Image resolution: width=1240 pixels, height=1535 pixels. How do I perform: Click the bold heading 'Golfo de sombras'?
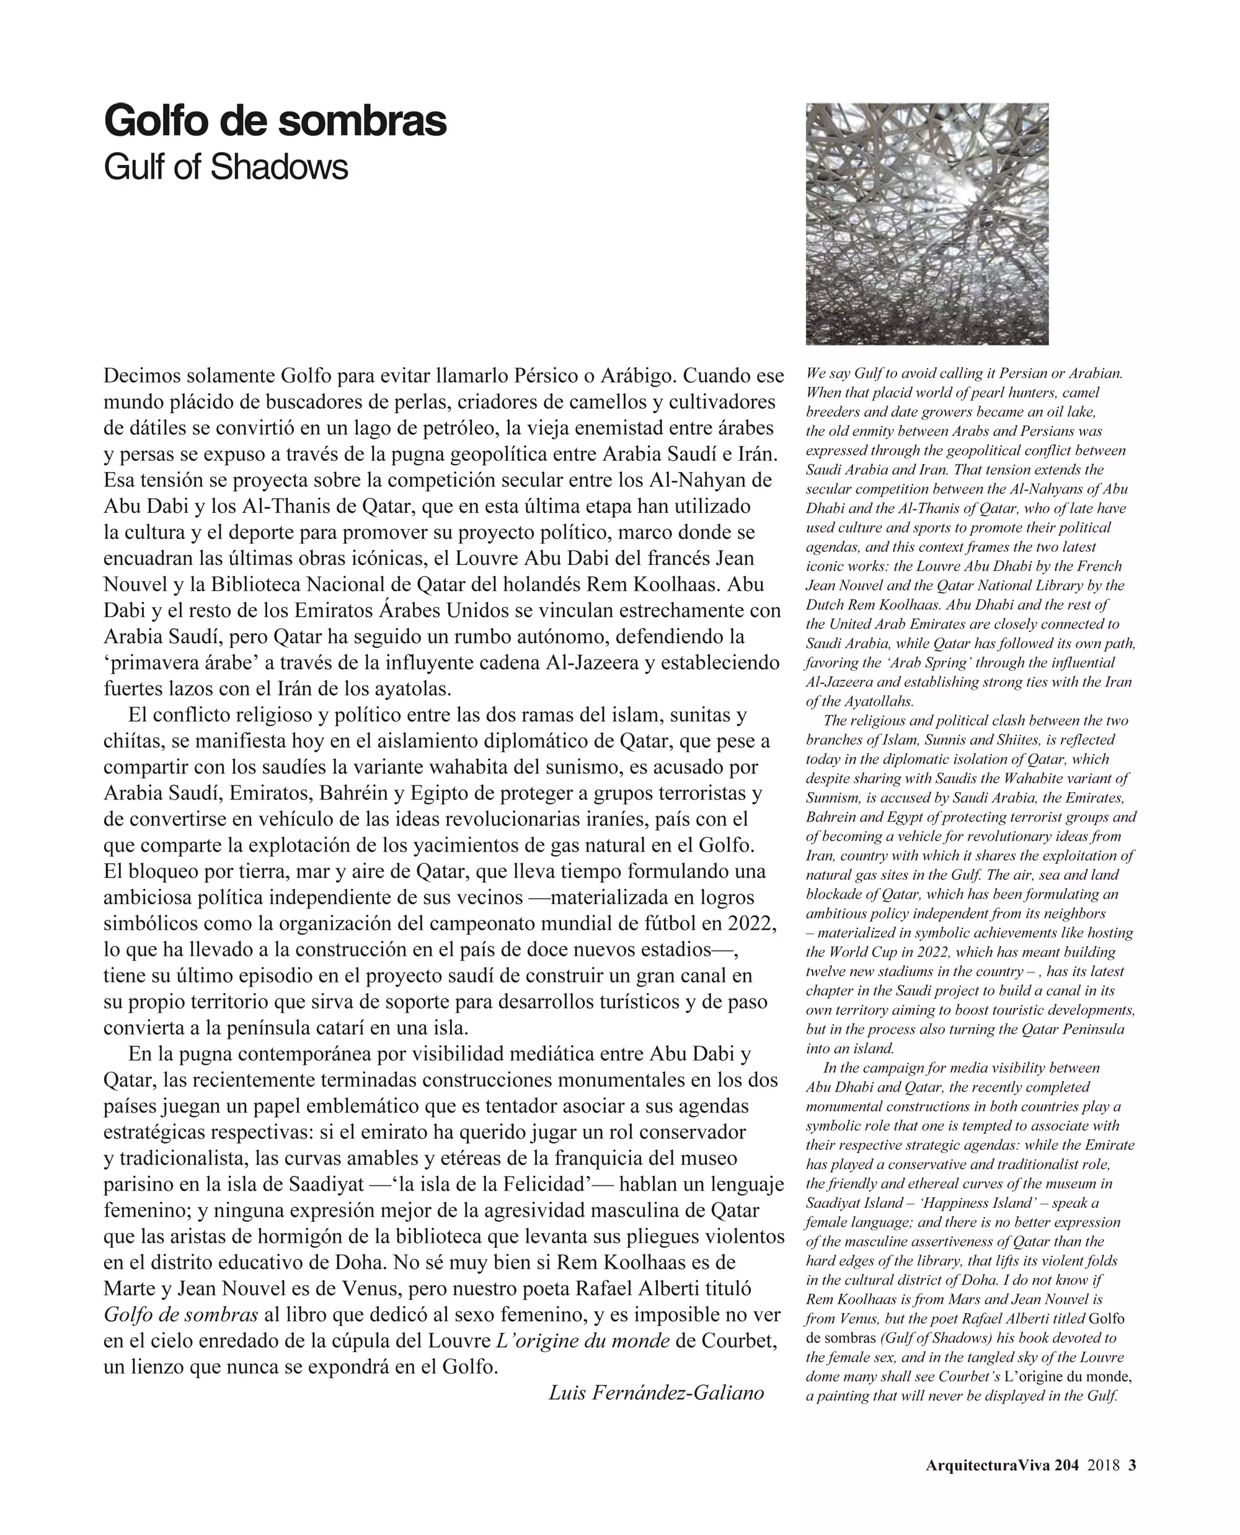pyautogui.click(x=275, y=121)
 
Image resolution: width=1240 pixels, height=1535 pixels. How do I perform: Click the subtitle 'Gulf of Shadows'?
pyautogui.click(x=226, y=167)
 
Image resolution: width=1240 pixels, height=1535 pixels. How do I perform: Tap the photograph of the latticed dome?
pyautogui.click(x=926, y=224)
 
